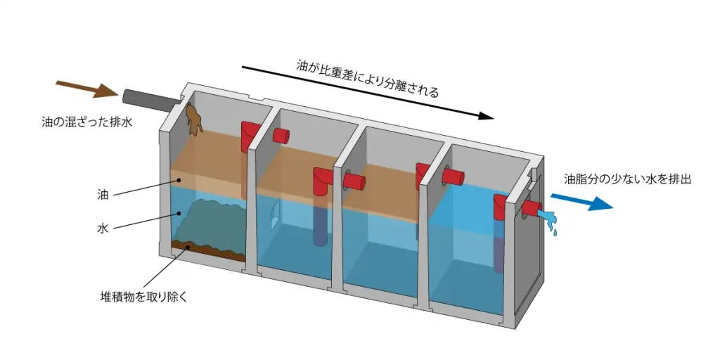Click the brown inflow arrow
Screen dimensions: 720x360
click(87, 89)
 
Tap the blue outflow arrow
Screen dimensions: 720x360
click(581, 202)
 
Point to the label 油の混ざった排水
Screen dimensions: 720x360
click(86, 122)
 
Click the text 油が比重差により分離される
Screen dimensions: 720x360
click(367, 79)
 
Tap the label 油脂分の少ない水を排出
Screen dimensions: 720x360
click(627, 179)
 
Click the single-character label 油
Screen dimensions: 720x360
click(103, 195)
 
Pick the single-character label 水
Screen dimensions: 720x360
click(103, 229)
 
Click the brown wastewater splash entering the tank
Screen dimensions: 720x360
click(194, 120)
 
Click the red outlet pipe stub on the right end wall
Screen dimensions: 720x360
click(532, 208)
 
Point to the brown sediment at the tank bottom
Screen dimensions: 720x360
click(208, 251)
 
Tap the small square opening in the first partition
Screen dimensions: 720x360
click(275, 215)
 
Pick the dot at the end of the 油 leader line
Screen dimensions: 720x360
click(179, 180)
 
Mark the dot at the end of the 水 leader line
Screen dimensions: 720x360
click(179, 213)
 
